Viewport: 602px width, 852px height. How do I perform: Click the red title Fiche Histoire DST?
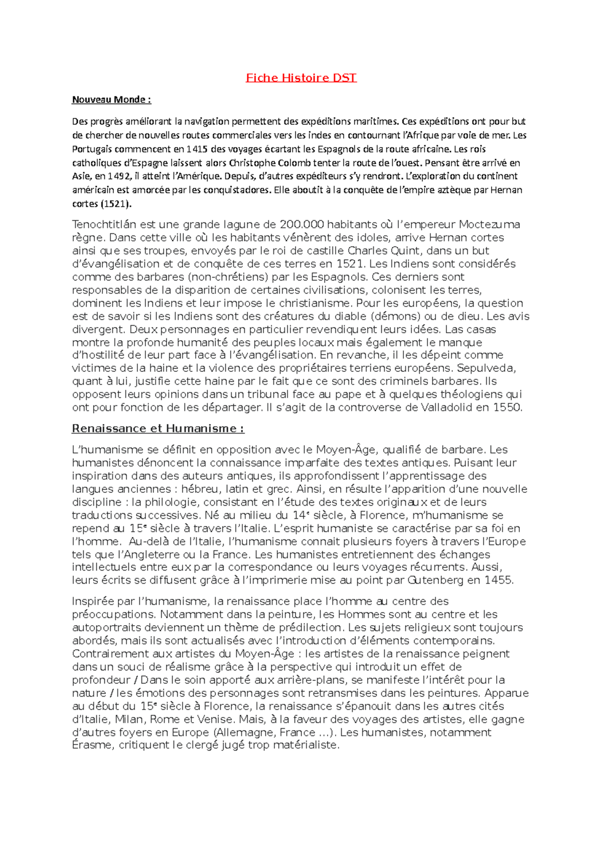pyautogui.click(x=301, y=78)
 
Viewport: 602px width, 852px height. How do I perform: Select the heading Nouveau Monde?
pyautogui.click(x=111, y=99)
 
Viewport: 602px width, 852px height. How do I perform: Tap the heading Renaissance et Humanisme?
pyautogui.click(x=158, y=429)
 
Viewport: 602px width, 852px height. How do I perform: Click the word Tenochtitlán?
pyautogui.click(x=104, y=224)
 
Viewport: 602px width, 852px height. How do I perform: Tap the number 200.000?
pyautogui.click(x=302, y=224)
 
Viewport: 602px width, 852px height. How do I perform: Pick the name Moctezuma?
pyautogui.click(x=489, y=224)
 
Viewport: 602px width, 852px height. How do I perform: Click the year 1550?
pyautogui.click(x=507, y=407)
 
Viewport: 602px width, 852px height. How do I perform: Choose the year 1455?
pyautogui.click(x=499, y=581)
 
